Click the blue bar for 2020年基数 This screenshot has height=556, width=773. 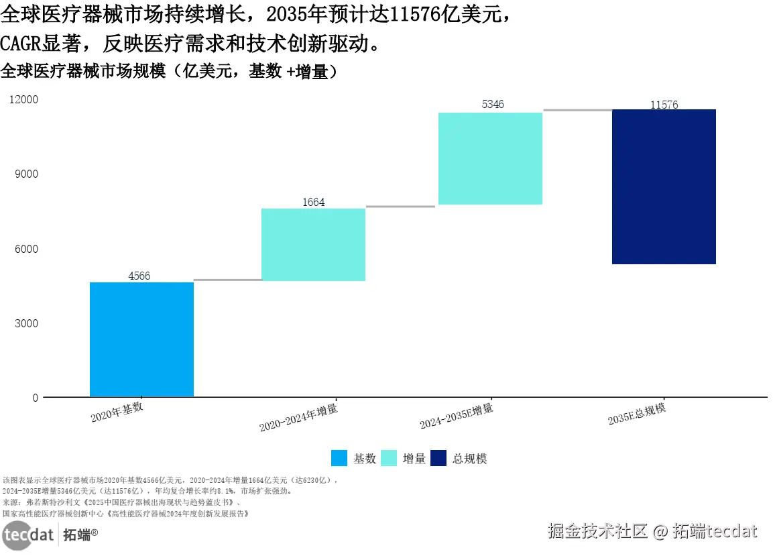click(141, 339)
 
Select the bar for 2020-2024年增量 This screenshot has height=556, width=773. click(313, 245)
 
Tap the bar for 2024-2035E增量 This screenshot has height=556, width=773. click(489, 158)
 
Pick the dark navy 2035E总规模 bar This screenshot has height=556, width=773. click(664, 186)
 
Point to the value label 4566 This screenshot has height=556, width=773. click(139, 276)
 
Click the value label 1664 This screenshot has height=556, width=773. click(313, 203)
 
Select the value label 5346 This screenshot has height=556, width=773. click(493, 105)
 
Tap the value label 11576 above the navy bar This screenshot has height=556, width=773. click(664, 105)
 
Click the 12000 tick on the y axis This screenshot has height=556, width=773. click(24, 100)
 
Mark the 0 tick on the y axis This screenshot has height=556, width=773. click(35, 398)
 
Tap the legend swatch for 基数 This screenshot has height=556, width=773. click(339, 458)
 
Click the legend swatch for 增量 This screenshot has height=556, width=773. click(389, 458)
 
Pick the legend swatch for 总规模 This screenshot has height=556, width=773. click(438, 458)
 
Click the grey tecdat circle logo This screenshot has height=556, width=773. click(17, 536)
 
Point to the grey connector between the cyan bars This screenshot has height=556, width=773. click(400, 207)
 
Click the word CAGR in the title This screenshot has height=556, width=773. click(22, 44)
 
